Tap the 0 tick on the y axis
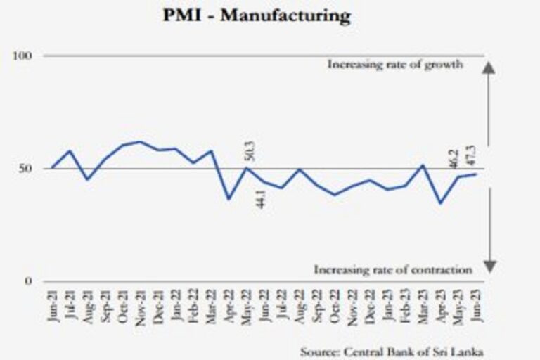click(x=29, y=282)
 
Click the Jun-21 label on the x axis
click(x=53, y=304)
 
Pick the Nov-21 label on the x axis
click(x=141, y=304)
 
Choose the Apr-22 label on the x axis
click(x=229, y=304)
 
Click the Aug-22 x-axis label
click(x=299, y=304)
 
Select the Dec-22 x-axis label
click(x=370, y=304)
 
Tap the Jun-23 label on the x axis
click(x=475, y=304)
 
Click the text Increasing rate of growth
click(x=394, y=65)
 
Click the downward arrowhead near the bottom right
click(x=490, y=266)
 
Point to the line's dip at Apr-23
click(x=441, y=203)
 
